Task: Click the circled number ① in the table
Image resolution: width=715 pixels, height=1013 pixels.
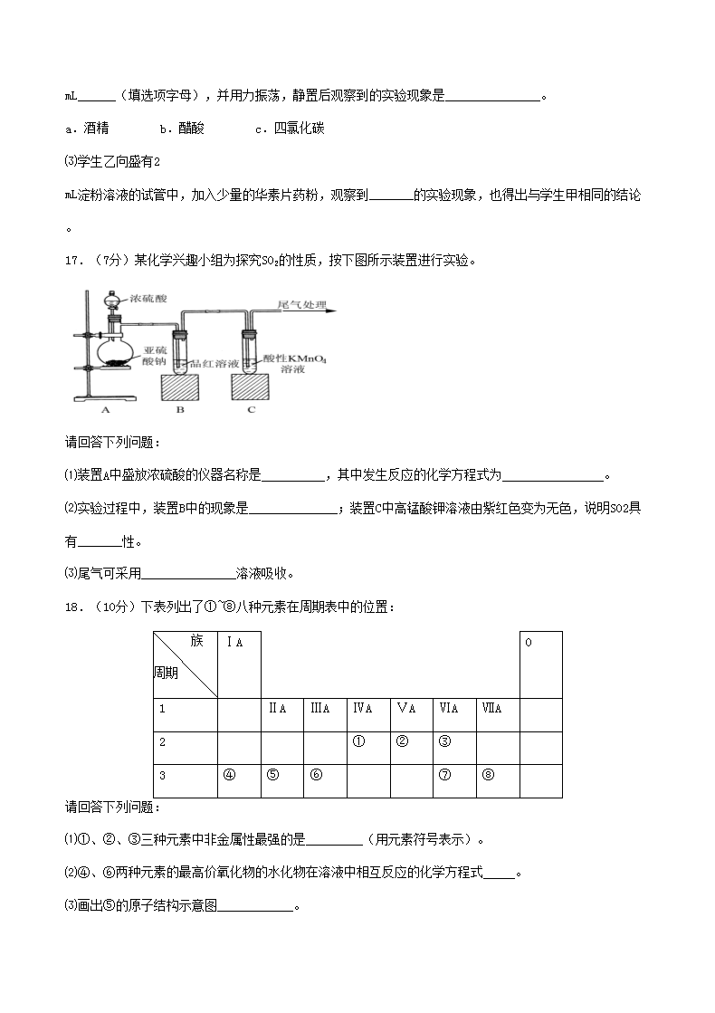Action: point(358,741)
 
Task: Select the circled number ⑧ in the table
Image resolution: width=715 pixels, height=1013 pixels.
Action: point(489,775)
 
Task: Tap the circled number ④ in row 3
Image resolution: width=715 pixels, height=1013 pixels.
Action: point(229,775)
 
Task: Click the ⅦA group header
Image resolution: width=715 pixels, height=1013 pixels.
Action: point(493,709)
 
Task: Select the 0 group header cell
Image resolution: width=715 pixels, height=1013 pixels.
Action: point(529,642)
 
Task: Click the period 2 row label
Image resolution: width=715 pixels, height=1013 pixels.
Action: point(162,742)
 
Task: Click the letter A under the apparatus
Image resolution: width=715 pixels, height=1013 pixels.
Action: point(105,409)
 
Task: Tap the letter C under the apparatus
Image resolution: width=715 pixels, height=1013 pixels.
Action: point(251,409)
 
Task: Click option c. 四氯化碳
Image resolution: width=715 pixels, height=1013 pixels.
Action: point(291,129)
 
